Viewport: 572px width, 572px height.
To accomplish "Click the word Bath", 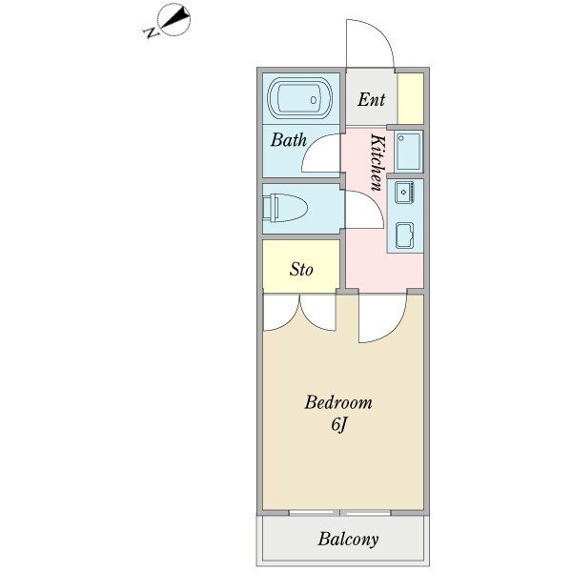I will [288, 140].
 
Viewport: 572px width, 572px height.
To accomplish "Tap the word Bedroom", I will [337, 402].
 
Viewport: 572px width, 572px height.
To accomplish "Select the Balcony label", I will [348, 539].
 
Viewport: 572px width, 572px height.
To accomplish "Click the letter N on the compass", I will [150, 33].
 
